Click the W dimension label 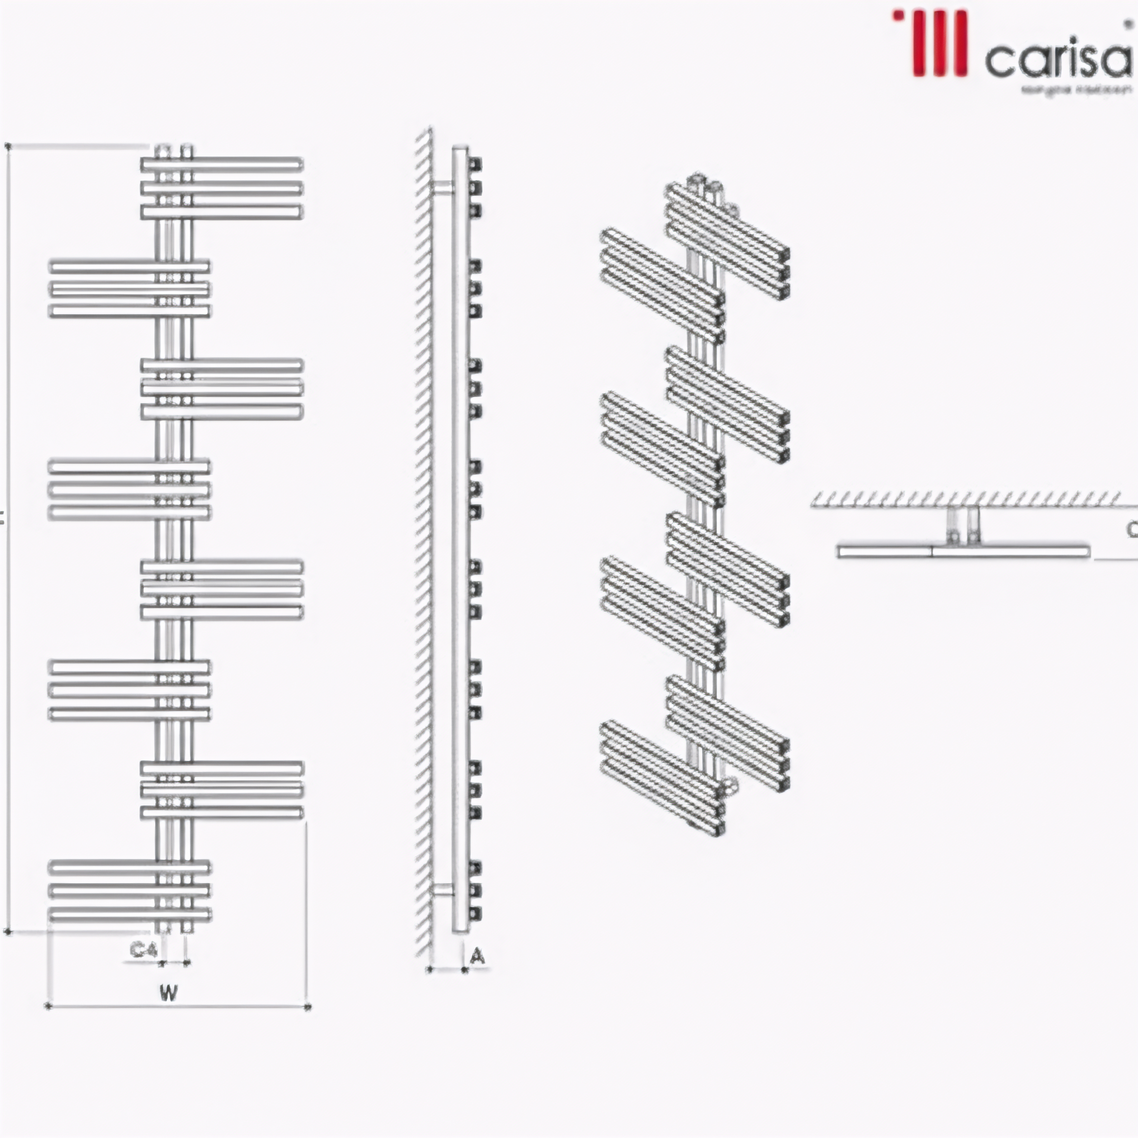[x=168, y=992]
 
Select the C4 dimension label [x=143, y=949]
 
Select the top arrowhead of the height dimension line [x=8, y=146]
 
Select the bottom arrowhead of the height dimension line [x=8, y=932]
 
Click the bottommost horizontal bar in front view [x=130, y=914]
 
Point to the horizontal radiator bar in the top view [x=963, y=552]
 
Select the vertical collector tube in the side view [x=460, y=530]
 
